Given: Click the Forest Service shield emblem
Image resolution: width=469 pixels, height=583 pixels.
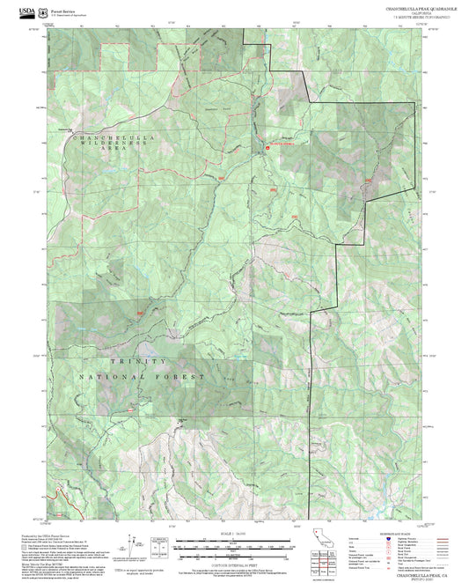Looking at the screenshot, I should (x=45, y=11).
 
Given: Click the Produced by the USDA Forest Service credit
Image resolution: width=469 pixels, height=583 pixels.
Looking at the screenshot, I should (x=53, y=534).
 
